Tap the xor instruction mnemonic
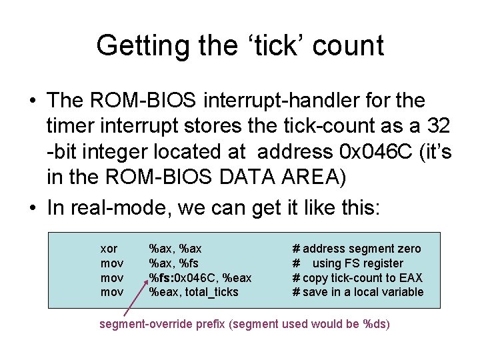[x=108, y=249]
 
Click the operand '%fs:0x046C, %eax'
[x=200, y=277]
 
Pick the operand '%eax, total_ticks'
[x=193, y=292]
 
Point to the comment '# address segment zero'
[x=357, y=249]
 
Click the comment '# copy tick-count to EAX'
[x=357, y=277]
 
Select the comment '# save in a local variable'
[x=358, y=292]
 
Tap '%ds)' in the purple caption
[x=376, y=325]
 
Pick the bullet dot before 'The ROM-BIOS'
[x=32, y=101]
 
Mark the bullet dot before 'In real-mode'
[x=32, y=208]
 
